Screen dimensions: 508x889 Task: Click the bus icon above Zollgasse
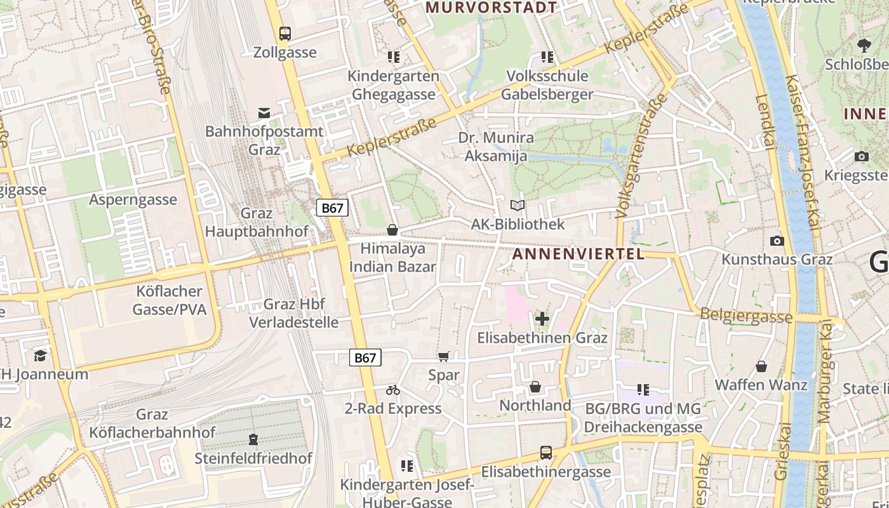[285, 33]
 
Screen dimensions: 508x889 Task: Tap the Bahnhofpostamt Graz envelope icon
[264, 113]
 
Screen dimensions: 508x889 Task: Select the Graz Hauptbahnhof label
[257, 222]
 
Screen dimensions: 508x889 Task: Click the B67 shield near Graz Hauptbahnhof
[332, 208]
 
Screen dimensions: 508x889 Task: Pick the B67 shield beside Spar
[365, 358]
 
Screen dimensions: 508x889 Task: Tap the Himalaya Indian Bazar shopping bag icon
[392, 229]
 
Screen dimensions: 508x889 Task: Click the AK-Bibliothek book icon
[518, 206]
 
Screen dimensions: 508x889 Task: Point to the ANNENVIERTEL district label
[578, 254]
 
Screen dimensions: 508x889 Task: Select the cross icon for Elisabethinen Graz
[542, 319]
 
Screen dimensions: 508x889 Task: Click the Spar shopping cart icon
[443, 357]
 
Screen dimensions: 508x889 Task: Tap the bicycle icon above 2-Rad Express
[392, 390]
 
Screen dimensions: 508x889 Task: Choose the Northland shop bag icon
[535, 387]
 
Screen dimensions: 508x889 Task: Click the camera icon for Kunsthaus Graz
[777, 241]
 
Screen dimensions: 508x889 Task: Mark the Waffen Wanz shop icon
[761, 366]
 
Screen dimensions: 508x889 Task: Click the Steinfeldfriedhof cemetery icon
[253, 439]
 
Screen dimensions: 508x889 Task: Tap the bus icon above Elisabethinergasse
[545, 453]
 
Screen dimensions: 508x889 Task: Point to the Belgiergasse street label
[746, 315]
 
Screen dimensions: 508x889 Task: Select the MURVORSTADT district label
[491, 8]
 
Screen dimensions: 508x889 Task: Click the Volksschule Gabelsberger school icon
[547, 57]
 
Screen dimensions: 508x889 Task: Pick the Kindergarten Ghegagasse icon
[394, 57]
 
